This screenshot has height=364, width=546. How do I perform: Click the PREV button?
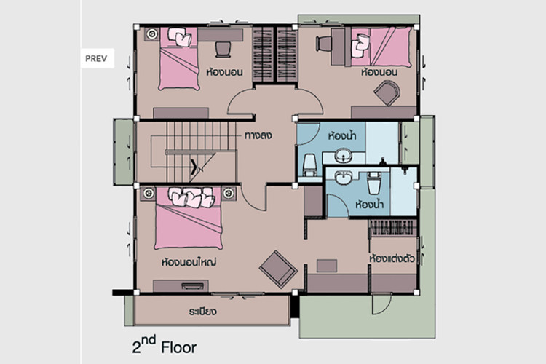click(97, 58)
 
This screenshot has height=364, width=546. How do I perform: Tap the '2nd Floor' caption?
click(164, 346)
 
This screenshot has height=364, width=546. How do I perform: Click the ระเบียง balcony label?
click(203, 311)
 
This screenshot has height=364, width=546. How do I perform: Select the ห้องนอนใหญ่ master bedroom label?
click(189, 261)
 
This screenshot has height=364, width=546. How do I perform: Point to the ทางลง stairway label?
click(258, 135)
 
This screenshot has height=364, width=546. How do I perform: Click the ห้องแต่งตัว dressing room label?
click(392, 259)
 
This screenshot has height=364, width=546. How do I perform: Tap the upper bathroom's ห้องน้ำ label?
click(342, 135)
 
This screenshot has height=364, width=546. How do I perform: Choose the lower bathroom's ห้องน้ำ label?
click(369, 204)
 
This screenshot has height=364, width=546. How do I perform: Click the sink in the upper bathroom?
click(344, 155)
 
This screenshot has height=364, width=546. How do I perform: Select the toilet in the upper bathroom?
click(309, 165)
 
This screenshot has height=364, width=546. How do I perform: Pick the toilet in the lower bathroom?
click(373, 183)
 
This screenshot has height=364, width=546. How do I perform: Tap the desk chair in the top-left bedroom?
click(223, 49)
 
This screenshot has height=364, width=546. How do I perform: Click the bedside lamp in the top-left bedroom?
click(152, 33)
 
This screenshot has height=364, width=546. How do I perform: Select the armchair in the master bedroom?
click(278, 269)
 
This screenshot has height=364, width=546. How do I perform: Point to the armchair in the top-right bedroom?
click(387, 92)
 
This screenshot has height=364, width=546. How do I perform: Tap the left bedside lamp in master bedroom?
click(149, 193)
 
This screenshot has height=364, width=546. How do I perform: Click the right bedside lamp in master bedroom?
click(229, 193)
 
